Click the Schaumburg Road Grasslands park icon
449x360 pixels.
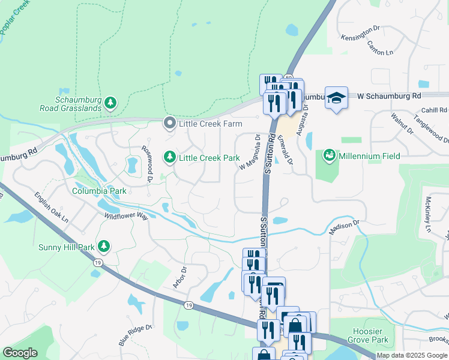click(110, 103)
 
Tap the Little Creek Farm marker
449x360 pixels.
click(170, 124)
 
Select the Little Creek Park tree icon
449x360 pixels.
click(170, 157)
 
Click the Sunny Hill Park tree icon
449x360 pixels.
click(104, 246)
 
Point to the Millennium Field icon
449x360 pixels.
click(329, 156)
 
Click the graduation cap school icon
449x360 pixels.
click(336, 98)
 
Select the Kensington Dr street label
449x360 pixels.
click(361, 37)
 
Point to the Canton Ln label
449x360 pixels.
click(380, 47)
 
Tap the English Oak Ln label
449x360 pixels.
click(51, 208)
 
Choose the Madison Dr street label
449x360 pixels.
click(344, 227)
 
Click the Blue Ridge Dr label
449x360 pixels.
click(132, 335)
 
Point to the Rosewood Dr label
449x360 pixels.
click(146, 162)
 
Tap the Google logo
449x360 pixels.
click(20, 353)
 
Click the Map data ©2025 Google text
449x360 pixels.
click(411, 355)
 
